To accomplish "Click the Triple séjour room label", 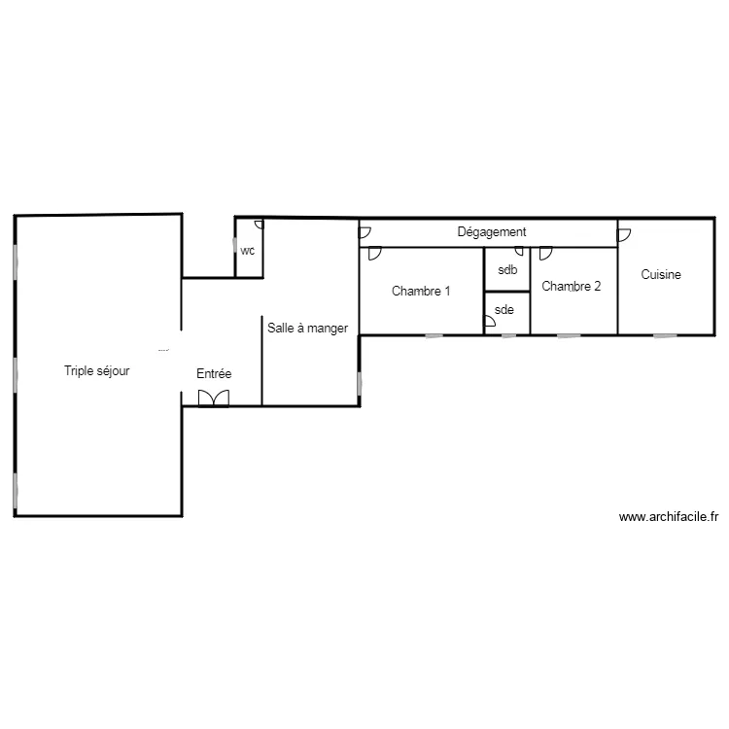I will click(x=97, y=370).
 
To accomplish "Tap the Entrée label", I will click(x=214, y=373).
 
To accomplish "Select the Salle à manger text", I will click(x=307, y=329).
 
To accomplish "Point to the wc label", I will click(x=248, y=250).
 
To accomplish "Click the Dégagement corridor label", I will click(x=492, y=232).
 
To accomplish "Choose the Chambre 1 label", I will click(x=421, y=291).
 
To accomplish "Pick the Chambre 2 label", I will click(x=572, y=286).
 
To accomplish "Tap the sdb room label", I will click(x=507, y=270).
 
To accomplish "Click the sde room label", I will click(x=503, y=310).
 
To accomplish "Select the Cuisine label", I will click(x=661, y=275).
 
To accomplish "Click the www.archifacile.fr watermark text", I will click(x=668, y=518).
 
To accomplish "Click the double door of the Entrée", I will click(x=213, y=399).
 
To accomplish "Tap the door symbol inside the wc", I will click(x=259, y=225).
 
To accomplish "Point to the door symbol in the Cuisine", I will click(x=624, y=234).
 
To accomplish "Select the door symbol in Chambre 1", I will click(x=374, y=255).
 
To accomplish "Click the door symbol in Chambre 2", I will click(x=546, y=253).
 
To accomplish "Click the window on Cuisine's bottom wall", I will click(x=665, y=336).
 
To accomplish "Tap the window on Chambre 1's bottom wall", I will click(x=434, y=336).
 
